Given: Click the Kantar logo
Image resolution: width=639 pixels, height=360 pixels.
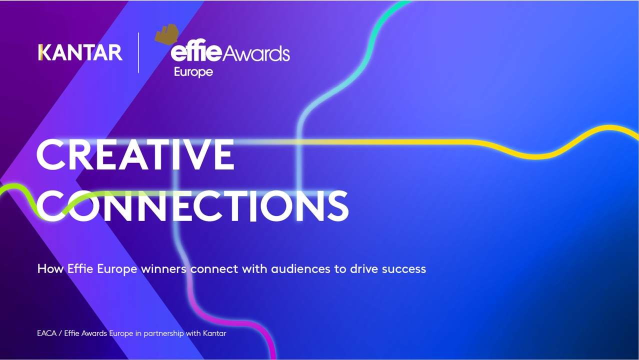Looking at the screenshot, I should click(x=80, y=52).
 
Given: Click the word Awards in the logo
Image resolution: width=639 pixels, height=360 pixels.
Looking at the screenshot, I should click(x=255, y=53).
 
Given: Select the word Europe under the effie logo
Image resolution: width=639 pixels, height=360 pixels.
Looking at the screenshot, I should click(x=193, y=72).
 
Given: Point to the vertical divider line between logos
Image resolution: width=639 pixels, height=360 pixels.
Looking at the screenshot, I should click(x=138, y=52).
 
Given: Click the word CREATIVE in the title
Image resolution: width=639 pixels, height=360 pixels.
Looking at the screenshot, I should click(x=135, y=154).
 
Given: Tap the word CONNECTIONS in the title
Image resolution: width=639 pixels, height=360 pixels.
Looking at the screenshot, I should click(x=192, y=206).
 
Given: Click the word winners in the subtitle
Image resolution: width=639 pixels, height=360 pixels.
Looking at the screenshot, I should click(x=163, y=269).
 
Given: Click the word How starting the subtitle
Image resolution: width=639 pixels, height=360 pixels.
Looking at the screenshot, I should click(x=47, y=269).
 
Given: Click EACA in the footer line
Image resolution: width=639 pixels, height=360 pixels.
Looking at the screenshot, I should click(x=46, y=333).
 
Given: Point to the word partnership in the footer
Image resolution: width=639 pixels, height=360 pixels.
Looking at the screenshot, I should click(x=163, y=333).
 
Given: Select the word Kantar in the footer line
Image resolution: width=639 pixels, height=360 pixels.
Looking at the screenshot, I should click(x=214, y=333).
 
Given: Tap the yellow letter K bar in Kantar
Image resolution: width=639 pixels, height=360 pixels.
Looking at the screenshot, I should click(x=40, y=52).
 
